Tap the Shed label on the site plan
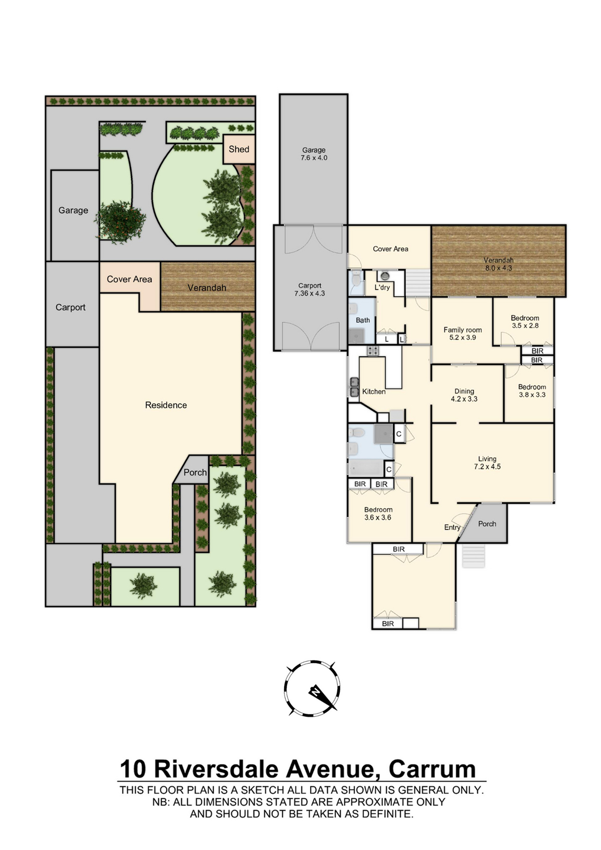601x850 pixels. click(239, 149)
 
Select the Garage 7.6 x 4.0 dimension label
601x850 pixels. click(314, 154)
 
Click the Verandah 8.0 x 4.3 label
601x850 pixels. click(499, 264)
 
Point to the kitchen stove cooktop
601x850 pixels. click(373, 350)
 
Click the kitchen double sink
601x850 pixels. click(354, 387)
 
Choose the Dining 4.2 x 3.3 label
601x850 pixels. click(464, 395)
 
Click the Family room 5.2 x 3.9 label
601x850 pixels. click(462, 334)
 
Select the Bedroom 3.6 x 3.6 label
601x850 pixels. click(378, 513)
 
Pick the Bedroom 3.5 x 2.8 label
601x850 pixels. click(525, 322)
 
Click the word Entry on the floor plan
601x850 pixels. click(452, 527)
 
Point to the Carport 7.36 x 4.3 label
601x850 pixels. click(310, 289)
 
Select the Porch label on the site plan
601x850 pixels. click(195, 472)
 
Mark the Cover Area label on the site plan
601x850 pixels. click(129, 279)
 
